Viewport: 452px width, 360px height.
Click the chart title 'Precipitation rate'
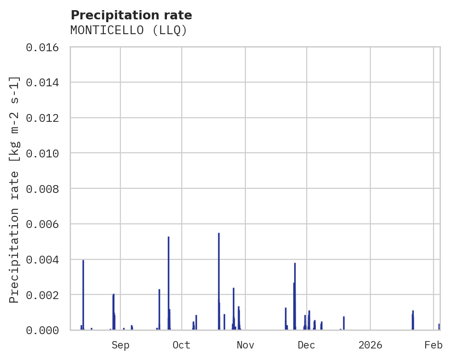tap(131, 15)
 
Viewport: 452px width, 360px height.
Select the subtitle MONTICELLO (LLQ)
tap(129, 30)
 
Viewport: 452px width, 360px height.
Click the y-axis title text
tap(15, 189)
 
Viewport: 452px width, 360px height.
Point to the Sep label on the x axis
tap(120, 345)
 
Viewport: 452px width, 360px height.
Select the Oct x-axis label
tap(181, 345)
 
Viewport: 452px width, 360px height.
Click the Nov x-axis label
tap(245, 345)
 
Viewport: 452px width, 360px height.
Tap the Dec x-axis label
tap(306, 345)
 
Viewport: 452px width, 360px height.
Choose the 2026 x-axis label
tap(370, 345)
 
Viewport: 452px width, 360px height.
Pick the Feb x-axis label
tap(434, 345)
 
